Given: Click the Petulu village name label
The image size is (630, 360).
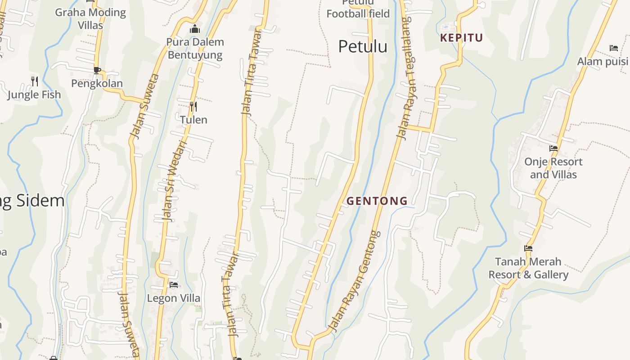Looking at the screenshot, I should (363, 46).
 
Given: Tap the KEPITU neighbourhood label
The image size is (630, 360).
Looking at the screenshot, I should (461, 38).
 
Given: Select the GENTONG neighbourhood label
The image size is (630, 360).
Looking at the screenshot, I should (377, 201).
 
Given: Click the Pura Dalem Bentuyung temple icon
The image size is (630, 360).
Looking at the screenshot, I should (195, 29).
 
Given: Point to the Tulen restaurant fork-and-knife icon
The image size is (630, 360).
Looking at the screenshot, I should (193, 106).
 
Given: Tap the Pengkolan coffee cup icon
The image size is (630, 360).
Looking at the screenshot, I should (97, 70).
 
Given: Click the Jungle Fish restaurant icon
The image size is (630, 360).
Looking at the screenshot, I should (35, 81).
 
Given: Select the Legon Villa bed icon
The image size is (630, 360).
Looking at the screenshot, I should (174, 284).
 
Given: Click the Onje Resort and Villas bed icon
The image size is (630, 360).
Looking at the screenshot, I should (553, 148).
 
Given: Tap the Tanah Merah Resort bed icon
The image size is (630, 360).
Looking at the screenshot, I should (528, 248).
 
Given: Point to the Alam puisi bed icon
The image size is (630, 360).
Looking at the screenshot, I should (614, 48).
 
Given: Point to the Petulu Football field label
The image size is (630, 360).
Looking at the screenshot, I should (358, 9).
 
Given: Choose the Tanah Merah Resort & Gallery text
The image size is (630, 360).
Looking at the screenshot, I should (528, 268).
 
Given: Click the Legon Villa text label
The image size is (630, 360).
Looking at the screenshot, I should (174, 298).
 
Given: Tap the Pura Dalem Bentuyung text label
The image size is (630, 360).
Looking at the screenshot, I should (195, 49).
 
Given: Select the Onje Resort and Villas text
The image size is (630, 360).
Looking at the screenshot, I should (553, 168).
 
